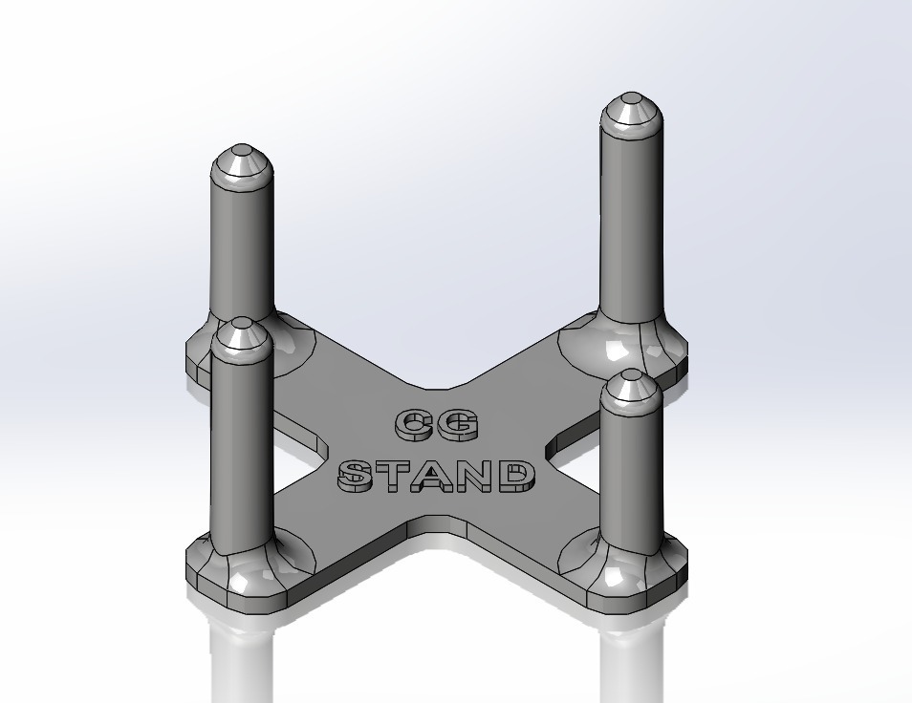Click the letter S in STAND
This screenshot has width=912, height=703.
(357, 476)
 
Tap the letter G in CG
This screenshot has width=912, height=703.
(457, 427)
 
